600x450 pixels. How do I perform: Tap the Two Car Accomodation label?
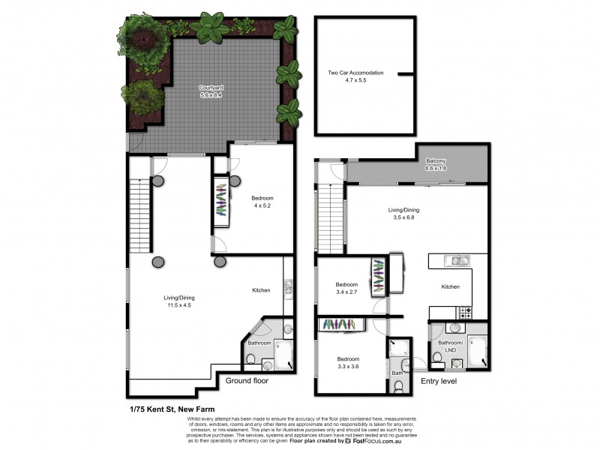[x=355, y=73]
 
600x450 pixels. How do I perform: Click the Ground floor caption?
[x=247, y=381]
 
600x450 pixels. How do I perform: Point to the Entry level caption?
[x=438, y=381]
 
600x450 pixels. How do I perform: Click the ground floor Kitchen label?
[x=261, y=290]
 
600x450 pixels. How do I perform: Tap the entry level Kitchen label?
[x=450, y=287]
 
